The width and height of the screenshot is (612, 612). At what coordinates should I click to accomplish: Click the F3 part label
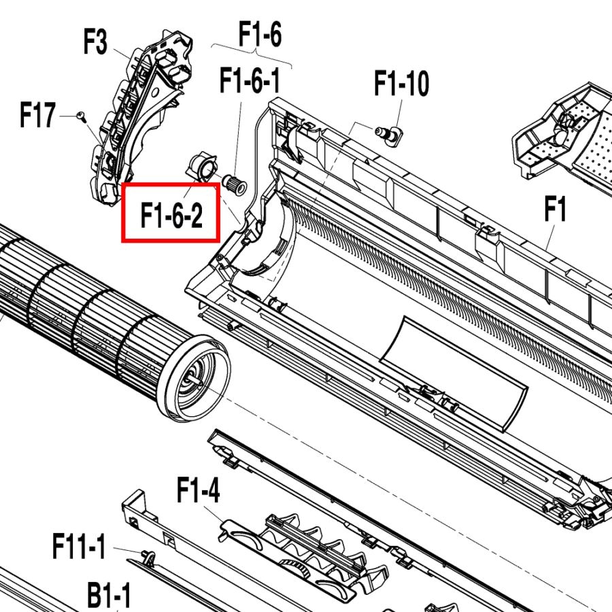pos(95,41)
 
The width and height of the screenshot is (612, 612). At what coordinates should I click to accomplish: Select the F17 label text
pos(37,115)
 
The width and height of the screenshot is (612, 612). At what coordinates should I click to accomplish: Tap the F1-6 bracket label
pos(260,34)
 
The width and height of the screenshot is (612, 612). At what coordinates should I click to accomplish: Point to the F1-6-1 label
pos(250,80)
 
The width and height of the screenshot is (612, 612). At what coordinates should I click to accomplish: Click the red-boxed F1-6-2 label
pos(172,216)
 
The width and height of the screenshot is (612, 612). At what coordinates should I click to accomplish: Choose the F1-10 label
pos(402,83)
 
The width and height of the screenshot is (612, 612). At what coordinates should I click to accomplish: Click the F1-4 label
pos(199,490)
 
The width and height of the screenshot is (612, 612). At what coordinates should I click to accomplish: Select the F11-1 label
pos(80,547)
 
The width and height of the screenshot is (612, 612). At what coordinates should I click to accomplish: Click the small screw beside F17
pos(82,116)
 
